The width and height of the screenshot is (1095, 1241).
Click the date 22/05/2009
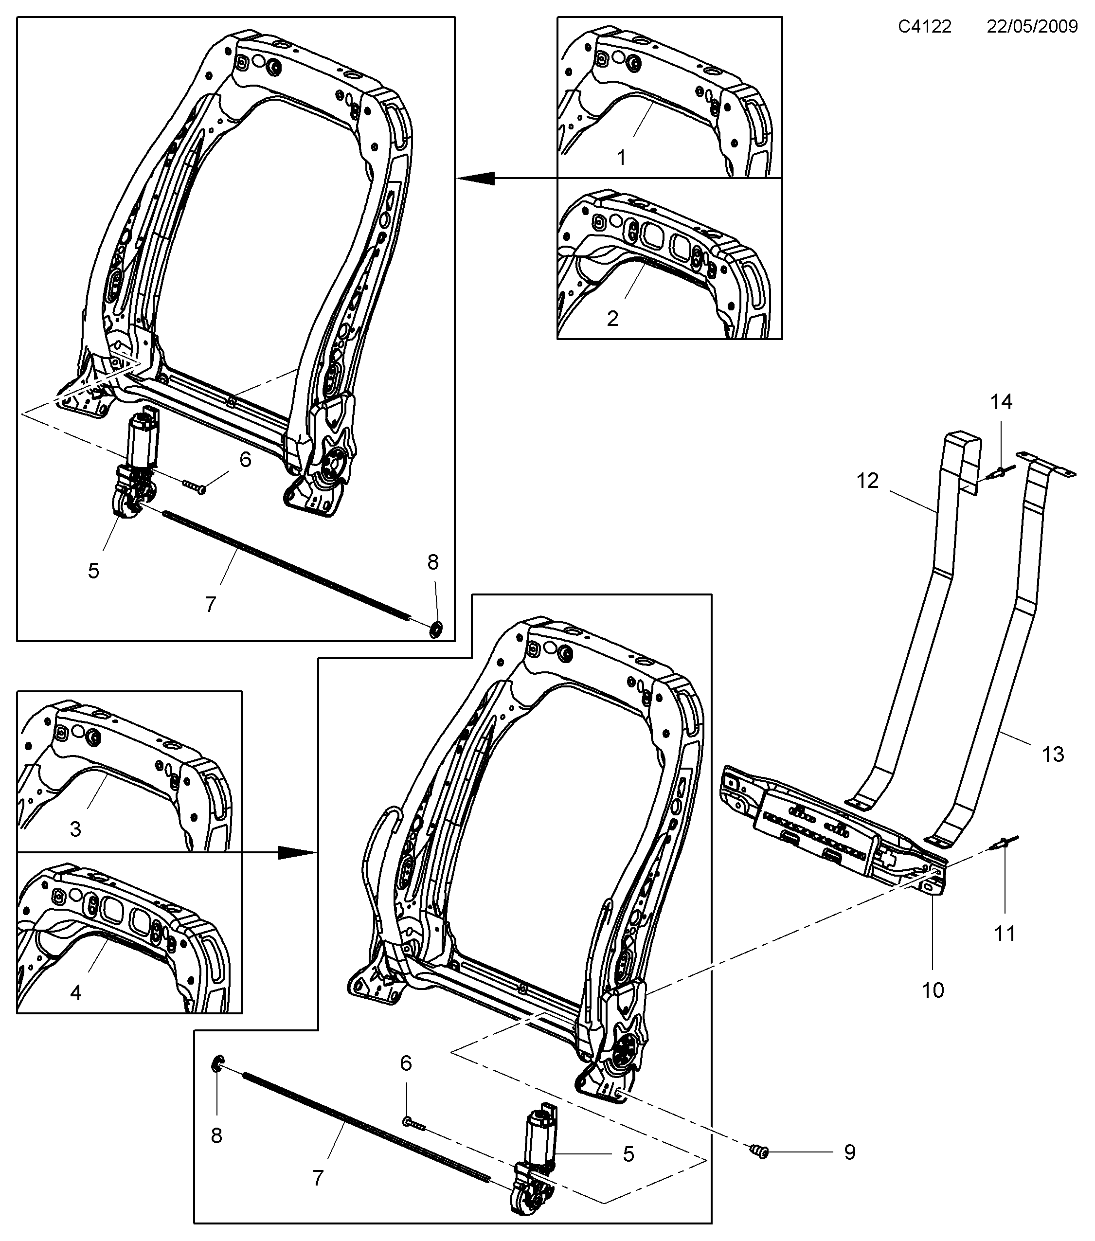1032,27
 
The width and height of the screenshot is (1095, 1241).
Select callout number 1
621,158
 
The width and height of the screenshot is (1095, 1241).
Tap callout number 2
612,318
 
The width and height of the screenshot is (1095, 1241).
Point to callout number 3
75,829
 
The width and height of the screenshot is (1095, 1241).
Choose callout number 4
75,993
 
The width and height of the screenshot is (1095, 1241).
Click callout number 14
1002,401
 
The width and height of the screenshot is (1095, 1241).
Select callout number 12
867,481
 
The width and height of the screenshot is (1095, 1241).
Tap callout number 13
1053,754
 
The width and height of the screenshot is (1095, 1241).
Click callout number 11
1005,933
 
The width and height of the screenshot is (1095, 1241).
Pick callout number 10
933,990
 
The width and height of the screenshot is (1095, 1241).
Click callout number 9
850,1152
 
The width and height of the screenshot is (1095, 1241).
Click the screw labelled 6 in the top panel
194,486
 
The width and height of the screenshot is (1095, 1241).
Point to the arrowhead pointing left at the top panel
477,178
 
